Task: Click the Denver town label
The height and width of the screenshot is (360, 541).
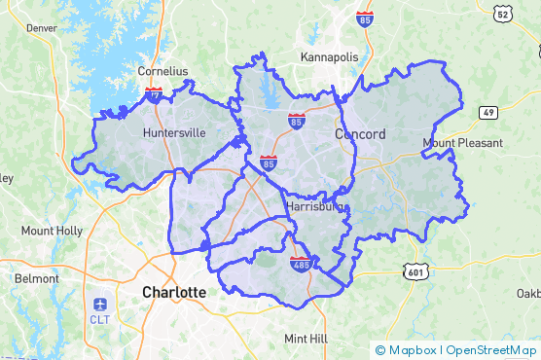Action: (42, 28)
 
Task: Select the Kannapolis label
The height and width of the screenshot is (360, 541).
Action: (329, 57)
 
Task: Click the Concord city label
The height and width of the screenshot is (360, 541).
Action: (360, 133)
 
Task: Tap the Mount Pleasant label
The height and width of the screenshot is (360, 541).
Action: (462, 143)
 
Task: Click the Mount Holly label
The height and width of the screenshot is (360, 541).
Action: (52, 231)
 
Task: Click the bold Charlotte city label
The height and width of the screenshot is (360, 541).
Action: (174, 292)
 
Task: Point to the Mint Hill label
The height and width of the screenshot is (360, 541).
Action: (307, 338)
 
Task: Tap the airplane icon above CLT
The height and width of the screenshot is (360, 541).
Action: (100, 303)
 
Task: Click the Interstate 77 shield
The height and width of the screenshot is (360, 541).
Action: (155, 94)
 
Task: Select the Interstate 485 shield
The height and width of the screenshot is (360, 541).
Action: (301, 263)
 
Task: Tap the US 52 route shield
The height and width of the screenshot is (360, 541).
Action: (501, 14)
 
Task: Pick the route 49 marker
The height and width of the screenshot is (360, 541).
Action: (488, 113)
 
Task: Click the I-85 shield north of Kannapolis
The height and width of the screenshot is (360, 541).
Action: (365, 18)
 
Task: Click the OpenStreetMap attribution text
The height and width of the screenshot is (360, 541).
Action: (492, 349)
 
